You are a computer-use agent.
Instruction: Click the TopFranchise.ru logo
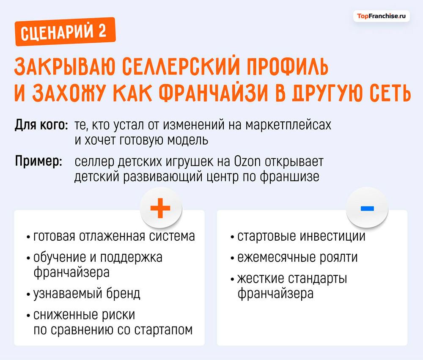pos(382,16)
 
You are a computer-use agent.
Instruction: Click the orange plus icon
pos(161,208)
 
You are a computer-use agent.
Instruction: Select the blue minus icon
pos(367,208)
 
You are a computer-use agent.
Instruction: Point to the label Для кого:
pos(41,126)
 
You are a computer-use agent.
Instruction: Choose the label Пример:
pos(39,162)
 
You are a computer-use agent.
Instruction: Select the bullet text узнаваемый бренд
pos(87,293)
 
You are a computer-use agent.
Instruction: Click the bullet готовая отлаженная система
pos(114,236)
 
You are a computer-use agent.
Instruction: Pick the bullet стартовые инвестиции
pos(301,236)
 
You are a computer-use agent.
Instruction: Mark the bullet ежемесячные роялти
pos(297,257)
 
